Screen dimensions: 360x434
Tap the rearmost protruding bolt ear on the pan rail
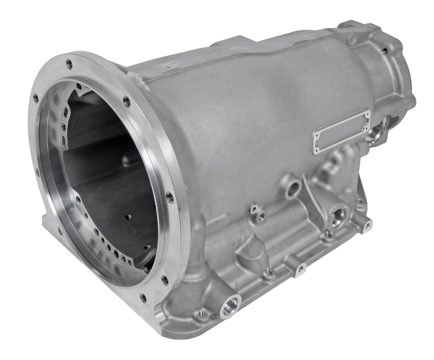368,225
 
